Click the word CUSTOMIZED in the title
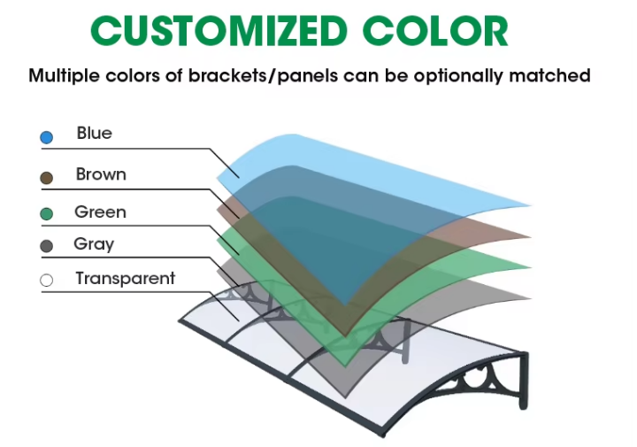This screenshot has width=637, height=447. [x=219, y=31]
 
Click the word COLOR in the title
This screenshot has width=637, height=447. [x=435, y=31]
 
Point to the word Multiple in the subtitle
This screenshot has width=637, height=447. [x=65, y=76]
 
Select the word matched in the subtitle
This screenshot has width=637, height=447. [x=549, y=75]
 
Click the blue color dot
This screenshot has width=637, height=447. [x=46, y=137]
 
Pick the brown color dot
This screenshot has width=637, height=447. [x=46, y=178]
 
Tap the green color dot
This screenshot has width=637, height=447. [x=46, y=213]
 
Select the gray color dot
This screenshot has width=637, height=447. [x=46, y=246]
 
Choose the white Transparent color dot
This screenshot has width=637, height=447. [x=46, y=281]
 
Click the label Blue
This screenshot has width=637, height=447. [x=95, y=134]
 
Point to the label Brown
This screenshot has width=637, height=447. [x=101, y=174]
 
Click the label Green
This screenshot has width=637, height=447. [x=100, y=212]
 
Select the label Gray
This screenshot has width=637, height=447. [x=94, y=244]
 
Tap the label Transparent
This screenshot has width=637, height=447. [x=125, y=278]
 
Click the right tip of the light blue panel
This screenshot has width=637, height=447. [x=531, y=205]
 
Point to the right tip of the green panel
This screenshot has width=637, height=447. [x=531, y=267]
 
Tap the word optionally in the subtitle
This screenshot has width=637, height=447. [x=458, y=76]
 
